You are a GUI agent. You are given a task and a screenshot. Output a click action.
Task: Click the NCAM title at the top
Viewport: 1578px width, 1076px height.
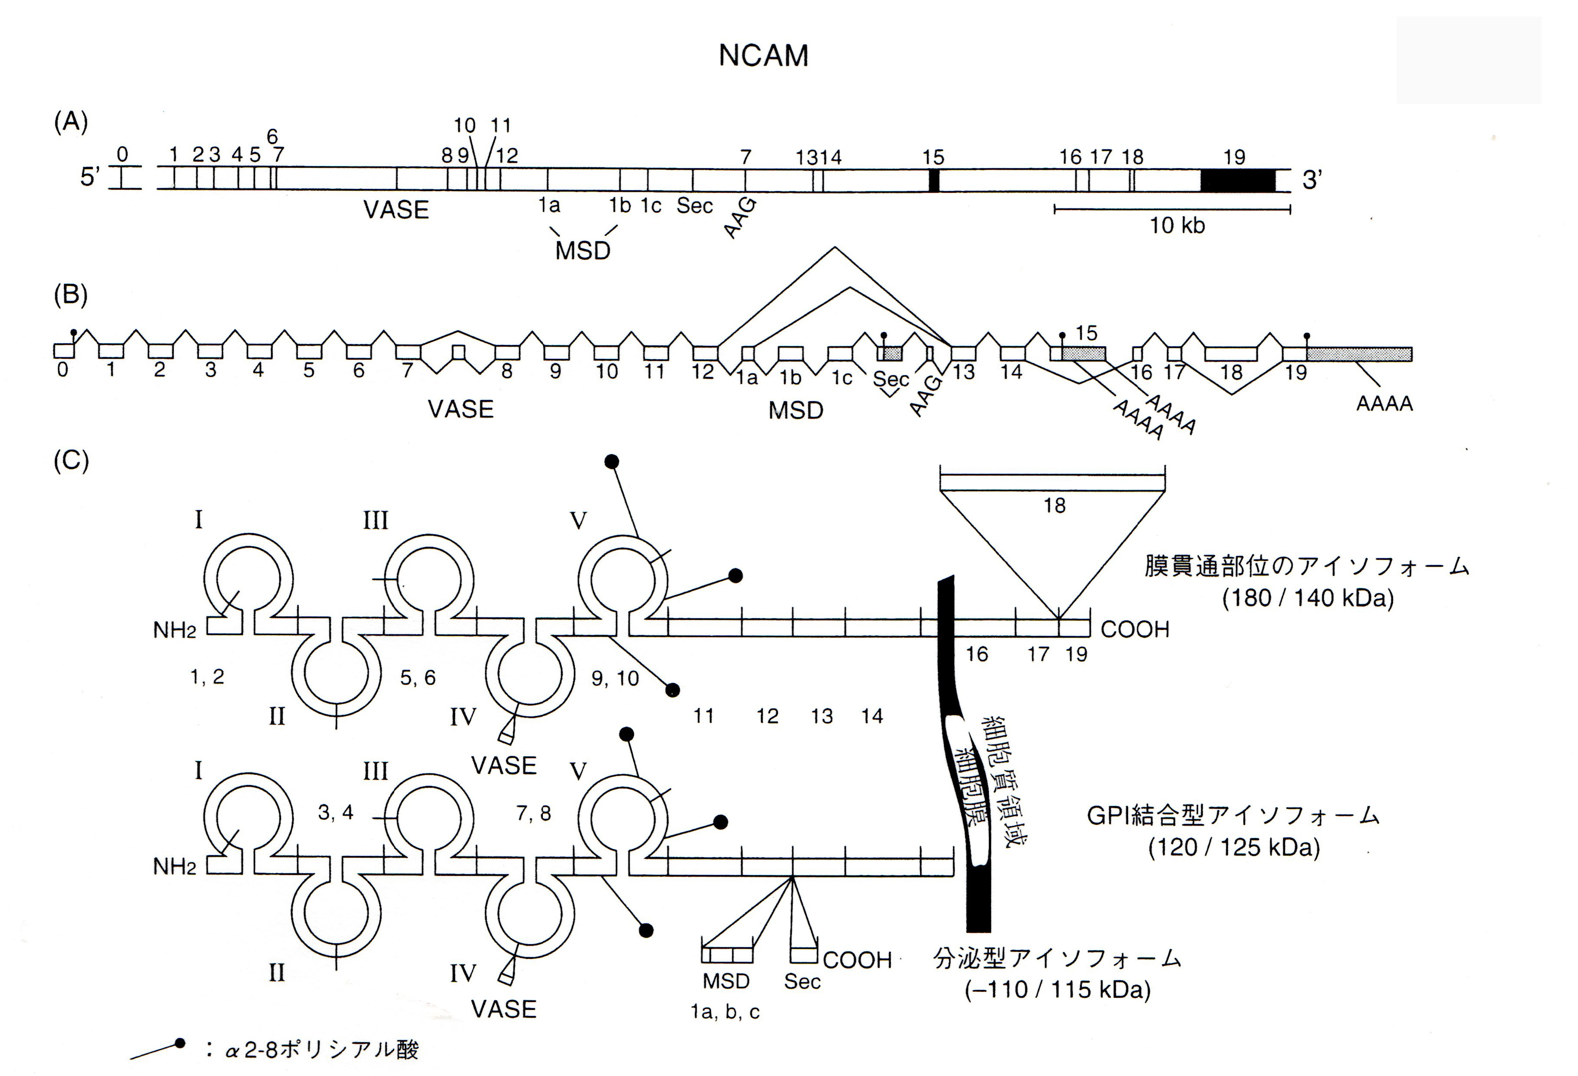point(763,56)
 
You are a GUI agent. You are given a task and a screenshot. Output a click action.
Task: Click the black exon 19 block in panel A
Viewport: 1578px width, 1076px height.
point(1237,180)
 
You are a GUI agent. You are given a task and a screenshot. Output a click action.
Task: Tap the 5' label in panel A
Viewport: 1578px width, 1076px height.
point(90,178)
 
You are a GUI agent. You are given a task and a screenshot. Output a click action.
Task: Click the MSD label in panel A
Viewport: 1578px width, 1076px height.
point(583,251)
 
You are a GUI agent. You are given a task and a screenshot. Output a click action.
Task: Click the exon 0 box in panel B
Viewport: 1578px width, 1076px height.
point(64,351)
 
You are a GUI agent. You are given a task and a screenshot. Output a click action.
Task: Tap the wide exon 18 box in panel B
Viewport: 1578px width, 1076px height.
point(1231,353)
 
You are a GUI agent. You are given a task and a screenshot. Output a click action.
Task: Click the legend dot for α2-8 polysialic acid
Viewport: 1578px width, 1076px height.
point(180,1043)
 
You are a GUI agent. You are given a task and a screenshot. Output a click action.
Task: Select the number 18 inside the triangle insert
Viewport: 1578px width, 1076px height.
point(1055,505)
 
